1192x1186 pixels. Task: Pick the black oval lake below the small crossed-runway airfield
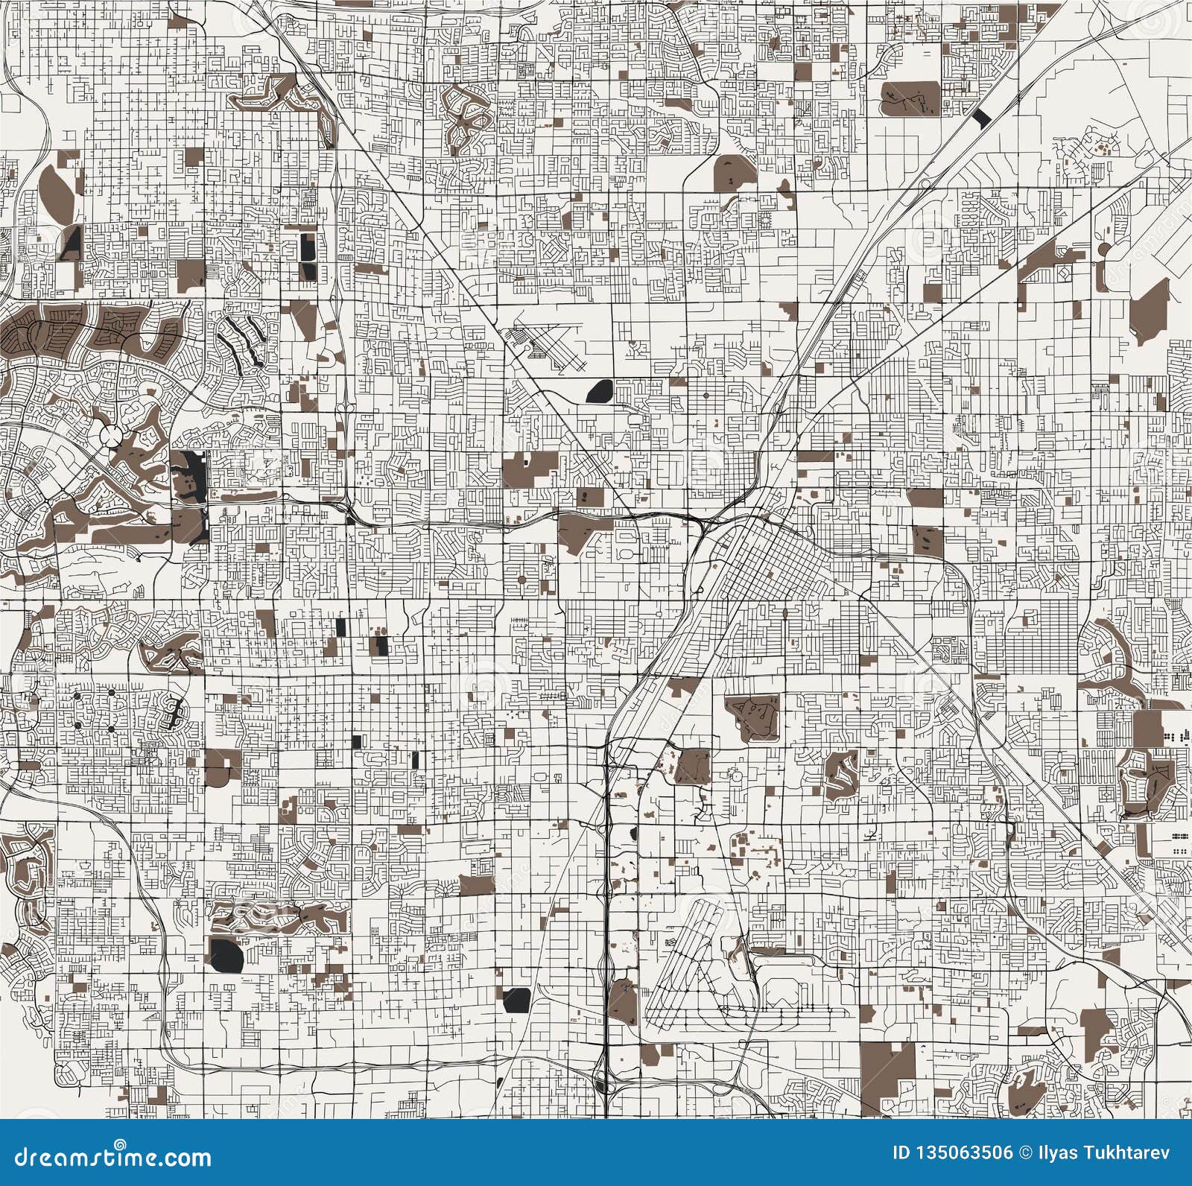600,390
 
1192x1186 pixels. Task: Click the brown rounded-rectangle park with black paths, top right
910,97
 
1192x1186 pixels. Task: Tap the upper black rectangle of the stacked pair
308,244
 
